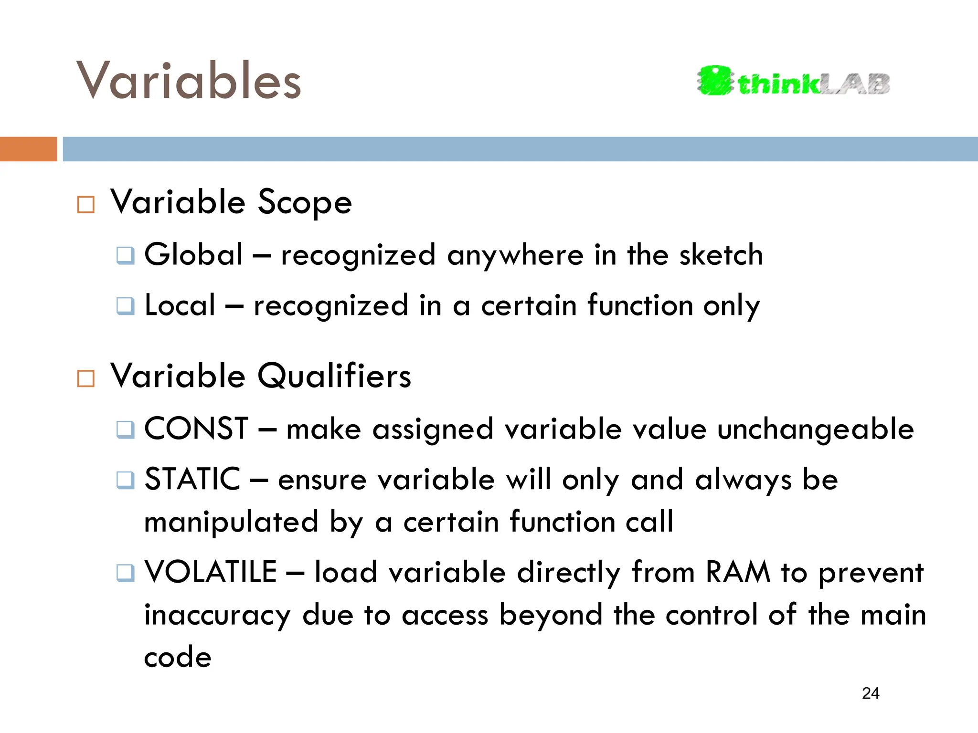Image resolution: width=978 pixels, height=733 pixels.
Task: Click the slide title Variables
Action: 189,81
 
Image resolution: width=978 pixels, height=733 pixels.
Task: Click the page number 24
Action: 871,693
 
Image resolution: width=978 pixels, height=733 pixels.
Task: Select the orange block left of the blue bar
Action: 28,149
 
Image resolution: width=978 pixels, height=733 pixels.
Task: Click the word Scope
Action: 305,202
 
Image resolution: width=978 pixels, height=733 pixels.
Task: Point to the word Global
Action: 193,254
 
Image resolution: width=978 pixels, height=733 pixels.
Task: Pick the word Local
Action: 180,305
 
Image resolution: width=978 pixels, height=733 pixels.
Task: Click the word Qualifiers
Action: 334,376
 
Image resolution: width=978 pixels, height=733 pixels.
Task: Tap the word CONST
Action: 196,429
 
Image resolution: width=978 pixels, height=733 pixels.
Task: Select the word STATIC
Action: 192,479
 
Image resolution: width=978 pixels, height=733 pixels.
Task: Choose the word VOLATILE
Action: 211,572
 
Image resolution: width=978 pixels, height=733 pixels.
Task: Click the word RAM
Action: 738,572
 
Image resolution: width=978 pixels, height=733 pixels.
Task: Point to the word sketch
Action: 721,254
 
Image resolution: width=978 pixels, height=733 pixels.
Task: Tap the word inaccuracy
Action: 218,616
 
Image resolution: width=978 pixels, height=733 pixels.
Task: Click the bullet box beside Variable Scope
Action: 86,205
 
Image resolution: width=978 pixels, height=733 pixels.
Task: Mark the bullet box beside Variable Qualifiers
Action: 86,378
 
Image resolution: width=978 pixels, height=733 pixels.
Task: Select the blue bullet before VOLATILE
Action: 126,572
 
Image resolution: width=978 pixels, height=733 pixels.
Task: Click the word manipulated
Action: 231,522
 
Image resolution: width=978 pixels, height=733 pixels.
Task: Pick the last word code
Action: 178,658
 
